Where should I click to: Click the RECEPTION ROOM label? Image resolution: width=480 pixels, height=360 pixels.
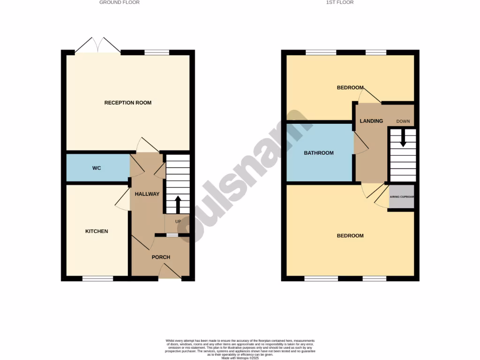pos(127,103)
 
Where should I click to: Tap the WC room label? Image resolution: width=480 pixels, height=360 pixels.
pos(97,168)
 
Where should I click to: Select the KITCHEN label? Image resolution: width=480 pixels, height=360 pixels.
pos(97,231)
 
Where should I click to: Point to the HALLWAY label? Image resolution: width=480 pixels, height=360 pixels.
pos(147,194)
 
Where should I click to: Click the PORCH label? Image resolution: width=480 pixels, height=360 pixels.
pos(161,257)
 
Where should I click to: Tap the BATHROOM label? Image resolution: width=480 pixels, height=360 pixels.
pos(319,153)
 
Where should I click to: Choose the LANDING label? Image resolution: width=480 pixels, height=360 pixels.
pos(371,121)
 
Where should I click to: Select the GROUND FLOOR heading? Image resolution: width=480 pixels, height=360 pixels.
pos(120,2)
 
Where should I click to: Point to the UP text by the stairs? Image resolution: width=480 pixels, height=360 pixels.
pos(178,221)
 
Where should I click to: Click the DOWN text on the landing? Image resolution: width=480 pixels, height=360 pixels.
pos(403,121)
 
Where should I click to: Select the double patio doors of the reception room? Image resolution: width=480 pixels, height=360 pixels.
pos(98,46)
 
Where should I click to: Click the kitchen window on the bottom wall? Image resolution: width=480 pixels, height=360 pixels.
pos(98,278)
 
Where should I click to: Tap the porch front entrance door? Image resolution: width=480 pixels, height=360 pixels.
pos(170,272)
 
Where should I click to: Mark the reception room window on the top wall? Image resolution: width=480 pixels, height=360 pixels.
pos(157,52)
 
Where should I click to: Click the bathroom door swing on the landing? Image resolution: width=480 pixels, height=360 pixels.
pos(361,142)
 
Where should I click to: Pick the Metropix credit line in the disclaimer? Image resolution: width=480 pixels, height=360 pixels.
pos(240,358)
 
